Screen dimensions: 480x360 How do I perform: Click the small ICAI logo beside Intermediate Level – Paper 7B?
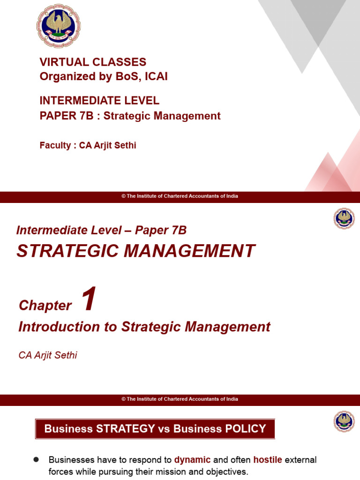[x=344, y=219]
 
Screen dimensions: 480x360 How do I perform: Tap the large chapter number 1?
[x=89, y=300]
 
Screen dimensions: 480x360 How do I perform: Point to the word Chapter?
[x=45, y=306]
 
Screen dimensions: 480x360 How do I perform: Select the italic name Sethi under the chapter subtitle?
[x=65, y=355]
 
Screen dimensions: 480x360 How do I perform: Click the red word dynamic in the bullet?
[x=192, y=460]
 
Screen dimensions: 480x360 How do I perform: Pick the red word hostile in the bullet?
[x=268, y=460]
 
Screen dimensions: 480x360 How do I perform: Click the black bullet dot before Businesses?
[x=36, y=460]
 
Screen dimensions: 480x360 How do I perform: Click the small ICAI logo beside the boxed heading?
[x=344, y=421]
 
